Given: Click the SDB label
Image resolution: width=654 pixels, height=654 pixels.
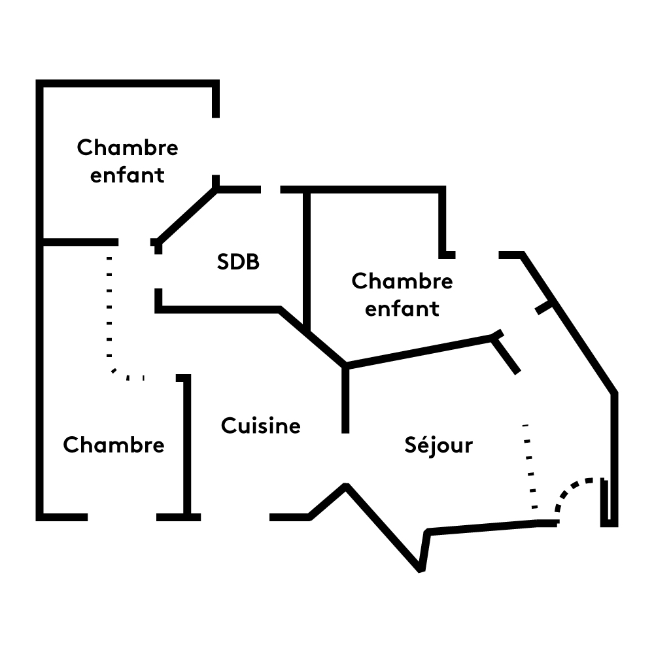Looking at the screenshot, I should (x=238, y=262).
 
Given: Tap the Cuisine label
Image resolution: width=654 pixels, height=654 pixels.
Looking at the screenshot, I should (x=261, y=426).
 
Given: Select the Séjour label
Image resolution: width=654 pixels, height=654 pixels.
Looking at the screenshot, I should (x=438, y=445).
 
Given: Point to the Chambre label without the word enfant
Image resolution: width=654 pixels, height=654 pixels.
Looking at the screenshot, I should (x=114, y=445).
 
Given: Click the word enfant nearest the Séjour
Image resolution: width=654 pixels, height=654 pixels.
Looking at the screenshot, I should (x=402, y=309).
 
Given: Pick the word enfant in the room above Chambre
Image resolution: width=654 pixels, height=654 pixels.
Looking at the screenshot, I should (x=128, y=175).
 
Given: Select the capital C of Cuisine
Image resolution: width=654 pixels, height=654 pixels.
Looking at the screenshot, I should (x=228, y=426).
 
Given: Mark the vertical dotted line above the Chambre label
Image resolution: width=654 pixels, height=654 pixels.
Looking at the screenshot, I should (x=109, y=307).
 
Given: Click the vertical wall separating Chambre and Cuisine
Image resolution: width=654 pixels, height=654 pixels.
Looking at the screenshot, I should (x=187, y=445).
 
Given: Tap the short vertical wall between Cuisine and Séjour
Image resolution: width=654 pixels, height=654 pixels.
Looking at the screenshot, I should (x=345, y=399).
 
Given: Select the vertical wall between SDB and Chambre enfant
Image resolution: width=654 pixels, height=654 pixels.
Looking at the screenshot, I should (x=306, y=258).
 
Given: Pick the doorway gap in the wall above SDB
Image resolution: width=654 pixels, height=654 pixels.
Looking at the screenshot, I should (x=271, y=190).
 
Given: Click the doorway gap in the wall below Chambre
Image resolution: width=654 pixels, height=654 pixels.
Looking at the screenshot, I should (x=122, y=517).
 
